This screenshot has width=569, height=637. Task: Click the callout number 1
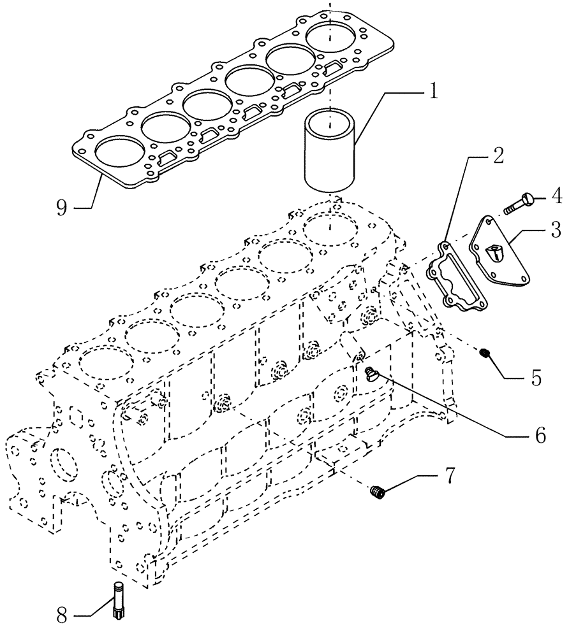tap(432, 91)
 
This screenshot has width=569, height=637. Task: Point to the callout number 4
tap(556, 196)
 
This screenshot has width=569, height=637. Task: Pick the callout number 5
tap(535, 378)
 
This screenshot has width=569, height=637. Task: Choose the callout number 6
tap(540, 435)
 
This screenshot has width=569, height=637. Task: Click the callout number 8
tap(62, 615)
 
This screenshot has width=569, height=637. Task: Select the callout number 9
tap(62, 208)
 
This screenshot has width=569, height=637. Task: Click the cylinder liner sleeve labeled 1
tap(329, 150)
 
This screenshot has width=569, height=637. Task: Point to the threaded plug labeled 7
tap(378, 491)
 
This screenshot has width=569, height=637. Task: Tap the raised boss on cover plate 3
tap(492, 254)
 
